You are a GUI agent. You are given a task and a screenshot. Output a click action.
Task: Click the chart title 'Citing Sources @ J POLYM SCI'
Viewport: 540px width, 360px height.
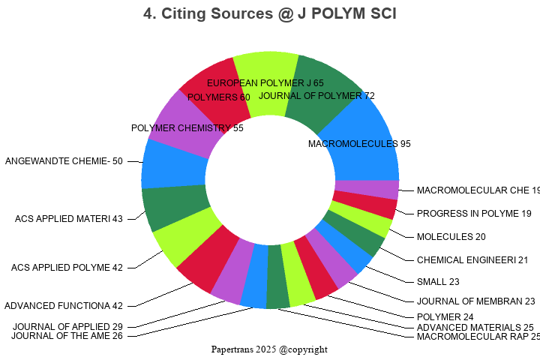270,13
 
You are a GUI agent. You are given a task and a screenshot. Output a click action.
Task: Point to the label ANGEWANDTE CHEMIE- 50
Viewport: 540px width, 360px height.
64,160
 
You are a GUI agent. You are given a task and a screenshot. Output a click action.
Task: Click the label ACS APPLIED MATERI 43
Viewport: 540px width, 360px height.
69,219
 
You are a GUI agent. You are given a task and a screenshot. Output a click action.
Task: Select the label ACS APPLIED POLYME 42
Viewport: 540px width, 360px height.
67,268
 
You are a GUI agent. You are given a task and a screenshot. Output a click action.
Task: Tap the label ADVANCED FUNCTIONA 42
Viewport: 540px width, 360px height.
64,305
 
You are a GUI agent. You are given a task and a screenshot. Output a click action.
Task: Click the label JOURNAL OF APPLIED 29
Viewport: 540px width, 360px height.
68,326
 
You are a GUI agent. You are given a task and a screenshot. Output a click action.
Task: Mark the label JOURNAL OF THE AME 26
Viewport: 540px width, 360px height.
67,335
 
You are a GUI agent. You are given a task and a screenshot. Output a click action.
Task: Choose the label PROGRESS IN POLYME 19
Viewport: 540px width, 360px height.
474,214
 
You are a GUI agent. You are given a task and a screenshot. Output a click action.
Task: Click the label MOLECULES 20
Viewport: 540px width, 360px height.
451,237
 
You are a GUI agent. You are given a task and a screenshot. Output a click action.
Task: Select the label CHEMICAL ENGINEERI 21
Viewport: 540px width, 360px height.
472,260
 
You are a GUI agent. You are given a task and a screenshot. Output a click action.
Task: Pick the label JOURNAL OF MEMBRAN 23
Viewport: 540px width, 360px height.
476,301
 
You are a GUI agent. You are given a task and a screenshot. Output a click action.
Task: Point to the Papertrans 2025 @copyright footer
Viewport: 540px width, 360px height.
269,349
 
